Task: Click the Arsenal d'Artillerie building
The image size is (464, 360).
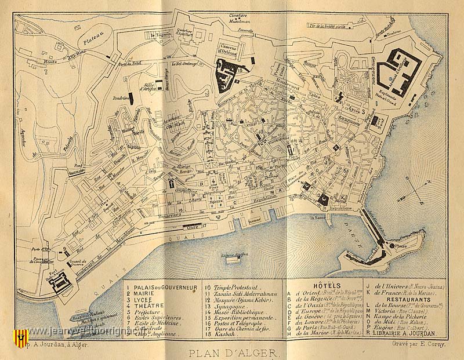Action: coord(401,71)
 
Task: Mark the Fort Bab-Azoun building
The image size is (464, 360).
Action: coord(59,283)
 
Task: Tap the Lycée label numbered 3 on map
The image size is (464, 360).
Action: coord(353,108)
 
